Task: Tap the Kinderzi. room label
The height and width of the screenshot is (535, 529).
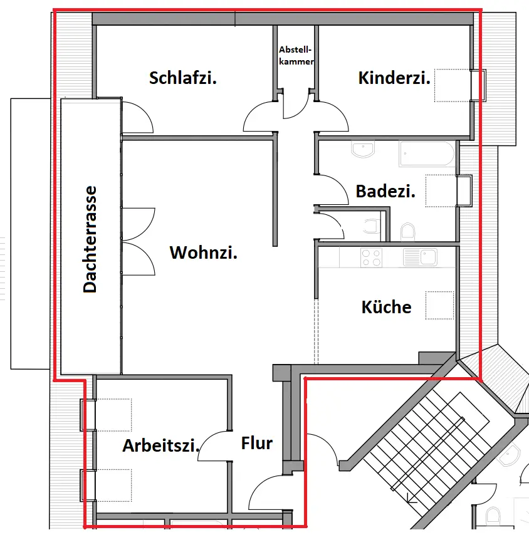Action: (x=394, y=78)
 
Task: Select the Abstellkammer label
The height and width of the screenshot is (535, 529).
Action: (x=296, y=55)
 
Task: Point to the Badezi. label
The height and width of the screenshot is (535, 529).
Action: (x=385, y=191)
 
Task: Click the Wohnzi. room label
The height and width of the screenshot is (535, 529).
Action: (x=204, y=253)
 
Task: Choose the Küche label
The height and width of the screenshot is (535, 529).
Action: (x=387, y=307)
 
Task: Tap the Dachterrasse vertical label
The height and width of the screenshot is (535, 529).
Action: (x=90, y=239)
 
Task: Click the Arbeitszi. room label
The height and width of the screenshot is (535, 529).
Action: (x=161, y=446)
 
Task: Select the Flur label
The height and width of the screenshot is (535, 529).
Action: (x=257, y=444)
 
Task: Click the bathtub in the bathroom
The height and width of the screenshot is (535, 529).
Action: (x=427, y=153)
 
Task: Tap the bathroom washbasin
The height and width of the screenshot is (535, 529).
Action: (x=363, y=150)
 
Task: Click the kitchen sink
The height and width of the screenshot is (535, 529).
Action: (x=421, y=257)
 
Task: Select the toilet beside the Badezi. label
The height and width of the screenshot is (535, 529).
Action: (x=408, y=232)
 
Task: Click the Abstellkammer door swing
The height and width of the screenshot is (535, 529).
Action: (x=295, y=106)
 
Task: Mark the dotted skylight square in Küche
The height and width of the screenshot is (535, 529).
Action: (x=439, y=305)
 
